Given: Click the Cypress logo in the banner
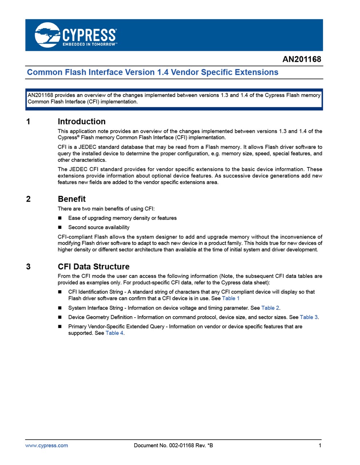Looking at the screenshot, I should [76, 35].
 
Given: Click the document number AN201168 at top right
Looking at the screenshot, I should [301, 59].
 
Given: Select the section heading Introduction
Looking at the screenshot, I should [81, 122].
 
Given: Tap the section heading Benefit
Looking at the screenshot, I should [72, 199].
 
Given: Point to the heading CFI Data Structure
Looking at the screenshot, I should [93, 267].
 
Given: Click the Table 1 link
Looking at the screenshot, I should [231, 298].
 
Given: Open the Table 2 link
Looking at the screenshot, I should [270, 308].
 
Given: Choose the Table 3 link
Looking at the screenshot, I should [309, 317].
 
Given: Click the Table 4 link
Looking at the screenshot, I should [114, 333].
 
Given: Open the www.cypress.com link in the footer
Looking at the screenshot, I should [47, 445].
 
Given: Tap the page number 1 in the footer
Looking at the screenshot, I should [320, 445].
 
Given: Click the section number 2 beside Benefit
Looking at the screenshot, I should [28, 199].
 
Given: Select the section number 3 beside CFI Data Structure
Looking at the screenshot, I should [28, 267].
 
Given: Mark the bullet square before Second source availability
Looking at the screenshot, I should [60, 227].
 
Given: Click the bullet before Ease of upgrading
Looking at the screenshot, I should [60, 218].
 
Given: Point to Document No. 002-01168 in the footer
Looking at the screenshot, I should [173, 445].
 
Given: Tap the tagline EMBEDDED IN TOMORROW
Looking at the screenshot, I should [89, 44].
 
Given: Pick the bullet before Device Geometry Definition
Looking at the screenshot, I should [60, 317].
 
